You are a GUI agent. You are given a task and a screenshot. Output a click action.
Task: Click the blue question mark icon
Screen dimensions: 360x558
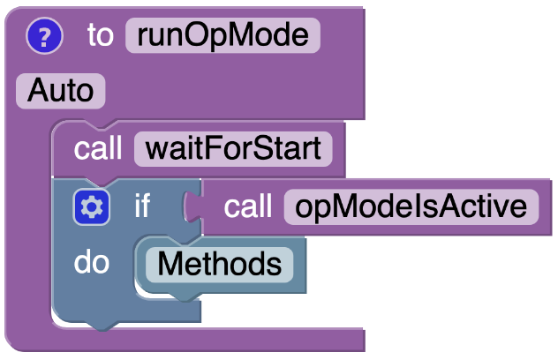point(45,36)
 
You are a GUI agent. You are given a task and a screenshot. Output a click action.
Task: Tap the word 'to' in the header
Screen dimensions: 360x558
point(100,36)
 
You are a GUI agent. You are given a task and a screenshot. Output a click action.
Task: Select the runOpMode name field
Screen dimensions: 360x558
point(222,36)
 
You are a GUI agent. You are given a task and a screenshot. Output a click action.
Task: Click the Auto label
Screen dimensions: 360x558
point(60,90)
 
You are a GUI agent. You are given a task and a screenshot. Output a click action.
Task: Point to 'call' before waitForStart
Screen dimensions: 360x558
point(98,148)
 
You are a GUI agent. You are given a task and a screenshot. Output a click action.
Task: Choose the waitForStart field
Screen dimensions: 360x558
point(233,148)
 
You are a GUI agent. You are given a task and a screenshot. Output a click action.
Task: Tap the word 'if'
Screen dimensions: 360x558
point(141,207)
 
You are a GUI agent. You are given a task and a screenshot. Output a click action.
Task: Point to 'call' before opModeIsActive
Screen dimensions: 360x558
point(247,207)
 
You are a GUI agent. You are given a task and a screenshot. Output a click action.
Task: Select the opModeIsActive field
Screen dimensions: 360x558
point(411,207)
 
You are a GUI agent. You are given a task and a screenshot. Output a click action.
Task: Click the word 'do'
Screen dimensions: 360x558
point(92,264)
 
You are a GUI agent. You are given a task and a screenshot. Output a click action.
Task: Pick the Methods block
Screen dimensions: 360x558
point(219,264)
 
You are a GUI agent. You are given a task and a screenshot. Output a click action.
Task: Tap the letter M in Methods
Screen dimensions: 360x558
point(168,264)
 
